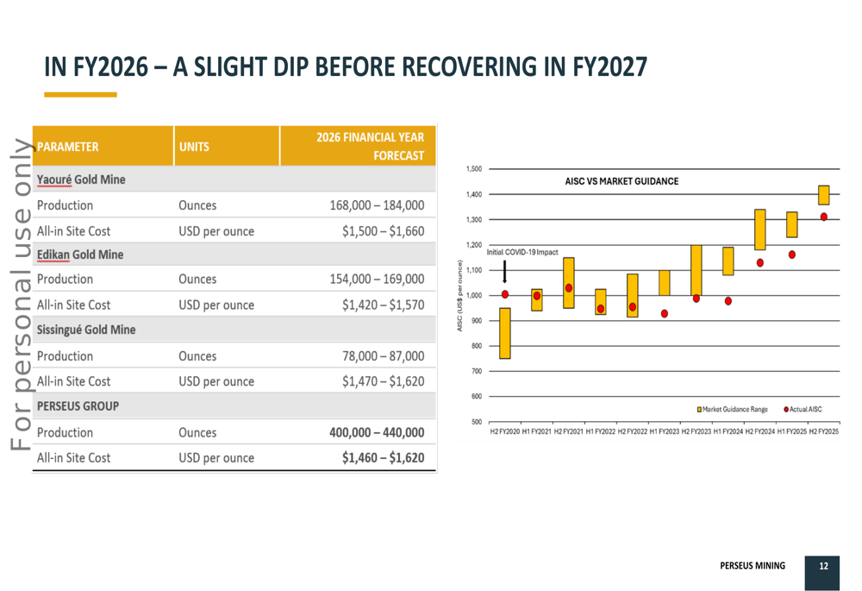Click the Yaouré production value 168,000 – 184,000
pos(377,205)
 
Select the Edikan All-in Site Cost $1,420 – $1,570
pos(383,305)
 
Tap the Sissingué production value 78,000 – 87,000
pos(386,355)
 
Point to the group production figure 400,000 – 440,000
pos(378,432)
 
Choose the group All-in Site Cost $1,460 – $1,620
pos(383,457)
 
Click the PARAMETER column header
pos(68,147)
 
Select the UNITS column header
pos(195,147)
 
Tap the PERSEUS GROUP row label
pos(78,406)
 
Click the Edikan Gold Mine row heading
pos(80,255)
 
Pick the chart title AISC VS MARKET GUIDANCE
pos(622,181)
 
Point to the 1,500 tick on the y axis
pos(473,169)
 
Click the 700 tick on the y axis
pos(475,371)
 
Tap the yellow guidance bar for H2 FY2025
pos(824,195)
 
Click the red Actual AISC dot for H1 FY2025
pos(792,255)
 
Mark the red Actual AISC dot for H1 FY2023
pos(665,313)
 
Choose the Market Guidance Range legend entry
pos(732,409)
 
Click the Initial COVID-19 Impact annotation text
pos(522,252)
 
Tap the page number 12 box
pos(823,567)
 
